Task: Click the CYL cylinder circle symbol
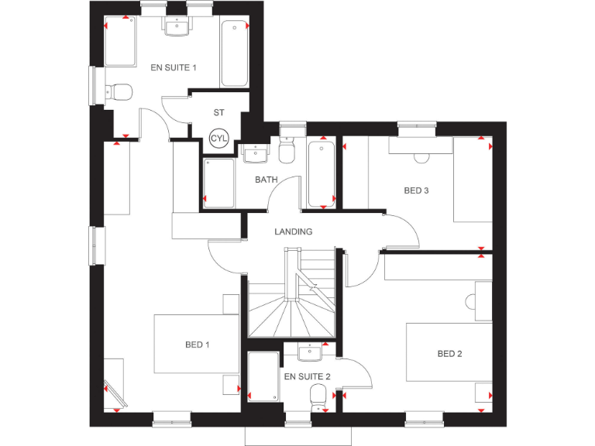click(x=219, y=139)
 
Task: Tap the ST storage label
click(x=219, y=112)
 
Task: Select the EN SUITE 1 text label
click(x=174, y=68)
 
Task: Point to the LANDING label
click(x=294, y=232)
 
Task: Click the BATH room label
click(x=267, y=180)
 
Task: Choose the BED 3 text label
click(x=416, y=190)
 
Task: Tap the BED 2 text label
click(x=449, y=354)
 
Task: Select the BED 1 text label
click(x=198, y=345)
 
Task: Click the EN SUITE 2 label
click(x=308, y=377)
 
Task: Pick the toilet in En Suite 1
click(x=119, y=92)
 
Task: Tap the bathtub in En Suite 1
click(x=235, y=53)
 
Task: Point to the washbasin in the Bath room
click(x=255, y=154)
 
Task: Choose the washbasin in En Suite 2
click(x=310, y=353)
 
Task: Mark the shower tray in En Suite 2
click(x=263, y=377)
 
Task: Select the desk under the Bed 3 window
click(x=421, y=146)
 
